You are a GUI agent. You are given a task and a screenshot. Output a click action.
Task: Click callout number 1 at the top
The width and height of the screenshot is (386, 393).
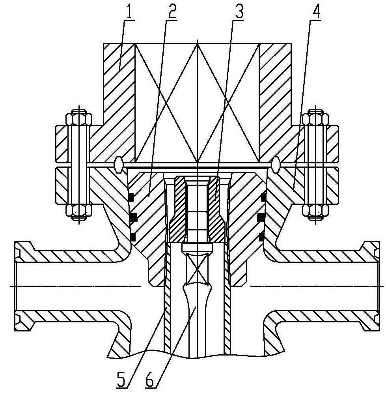tap(129, 11)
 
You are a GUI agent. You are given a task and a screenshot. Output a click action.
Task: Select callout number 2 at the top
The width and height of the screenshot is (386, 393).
tap(172, 11)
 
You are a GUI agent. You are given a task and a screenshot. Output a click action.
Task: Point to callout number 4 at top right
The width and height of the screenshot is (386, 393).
tap(316, 11)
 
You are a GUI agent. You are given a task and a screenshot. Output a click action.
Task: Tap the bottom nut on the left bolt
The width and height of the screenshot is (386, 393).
tap(78, 211)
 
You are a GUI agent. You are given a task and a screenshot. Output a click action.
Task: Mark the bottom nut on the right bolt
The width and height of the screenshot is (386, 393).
tap(315, 211)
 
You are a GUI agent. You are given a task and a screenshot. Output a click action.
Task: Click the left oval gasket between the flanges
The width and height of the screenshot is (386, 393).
tap(118, 165)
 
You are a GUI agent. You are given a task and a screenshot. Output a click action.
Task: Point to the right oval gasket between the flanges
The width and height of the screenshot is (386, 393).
tap(276, 165)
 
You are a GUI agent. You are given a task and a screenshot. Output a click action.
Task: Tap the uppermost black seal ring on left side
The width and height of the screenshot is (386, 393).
tap(131, 198)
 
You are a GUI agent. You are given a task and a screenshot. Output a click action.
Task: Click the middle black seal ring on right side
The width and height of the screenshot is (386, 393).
tap(261, 217)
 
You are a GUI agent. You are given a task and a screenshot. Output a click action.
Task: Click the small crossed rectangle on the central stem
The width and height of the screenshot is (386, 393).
tap(198, 270)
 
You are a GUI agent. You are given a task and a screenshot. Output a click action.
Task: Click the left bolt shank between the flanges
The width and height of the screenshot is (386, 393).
tap(78, 165)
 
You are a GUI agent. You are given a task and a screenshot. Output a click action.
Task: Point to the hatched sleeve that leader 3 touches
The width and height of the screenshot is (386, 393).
tap(216, 209)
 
